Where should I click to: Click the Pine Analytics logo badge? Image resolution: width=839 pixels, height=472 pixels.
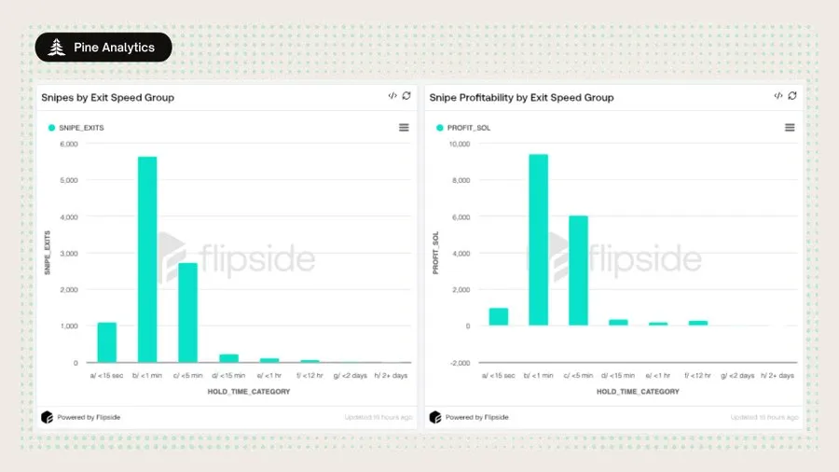pos(103,48)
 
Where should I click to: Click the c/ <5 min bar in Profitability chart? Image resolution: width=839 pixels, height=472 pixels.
pos(578,271)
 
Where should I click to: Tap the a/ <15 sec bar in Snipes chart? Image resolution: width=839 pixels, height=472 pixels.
pos(107,342)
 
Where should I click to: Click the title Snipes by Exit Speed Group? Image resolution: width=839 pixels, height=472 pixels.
pos(107,97)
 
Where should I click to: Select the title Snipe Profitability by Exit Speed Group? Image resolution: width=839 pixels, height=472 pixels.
pos(520,97)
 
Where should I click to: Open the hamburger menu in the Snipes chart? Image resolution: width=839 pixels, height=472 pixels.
pos(404,128)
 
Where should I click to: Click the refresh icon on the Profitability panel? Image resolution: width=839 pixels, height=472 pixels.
pos(792,95)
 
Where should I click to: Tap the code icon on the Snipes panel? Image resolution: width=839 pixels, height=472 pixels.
pos(392,95)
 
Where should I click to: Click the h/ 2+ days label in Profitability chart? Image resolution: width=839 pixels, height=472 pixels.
pos(777,375)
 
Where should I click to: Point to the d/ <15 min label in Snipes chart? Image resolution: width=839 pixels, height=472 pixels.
pos(228,375)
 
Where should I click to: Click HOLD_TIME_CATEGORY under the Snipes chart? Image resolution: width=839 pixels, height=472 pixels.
pos(248,392)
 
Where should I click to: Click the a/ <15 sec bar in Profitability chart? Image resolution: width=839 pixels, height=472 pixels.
pos(499,317)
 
